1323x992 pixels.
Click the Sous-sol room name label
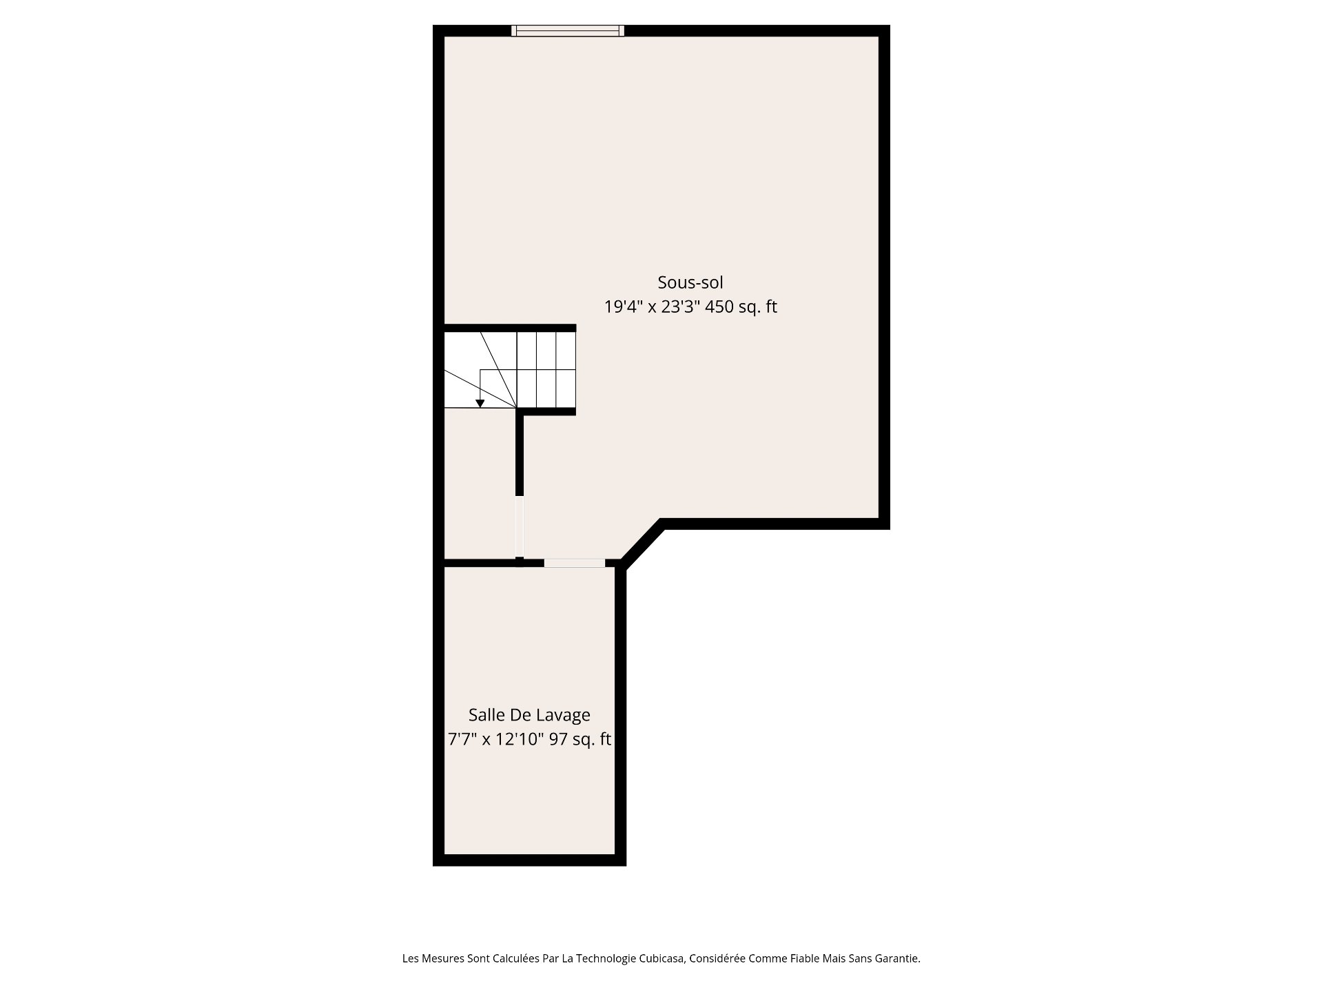(690, 282)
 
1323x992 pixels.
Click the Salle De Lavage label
(529, 715)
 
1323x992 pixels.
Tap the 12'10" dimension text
(522, 740)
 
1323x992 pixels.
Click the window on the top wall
(568, 30)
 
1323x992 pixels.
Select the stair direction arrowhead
(480, 404)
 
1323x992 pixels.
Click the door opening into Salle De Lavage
(575, 563)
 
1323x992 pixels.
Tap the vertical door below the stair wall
(520, 526)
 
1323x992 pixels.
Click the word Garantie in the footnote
(896, 958)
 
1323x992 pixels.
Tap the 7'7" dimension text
(462, 740)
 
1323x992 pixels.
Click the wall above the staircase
(510, 328)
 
